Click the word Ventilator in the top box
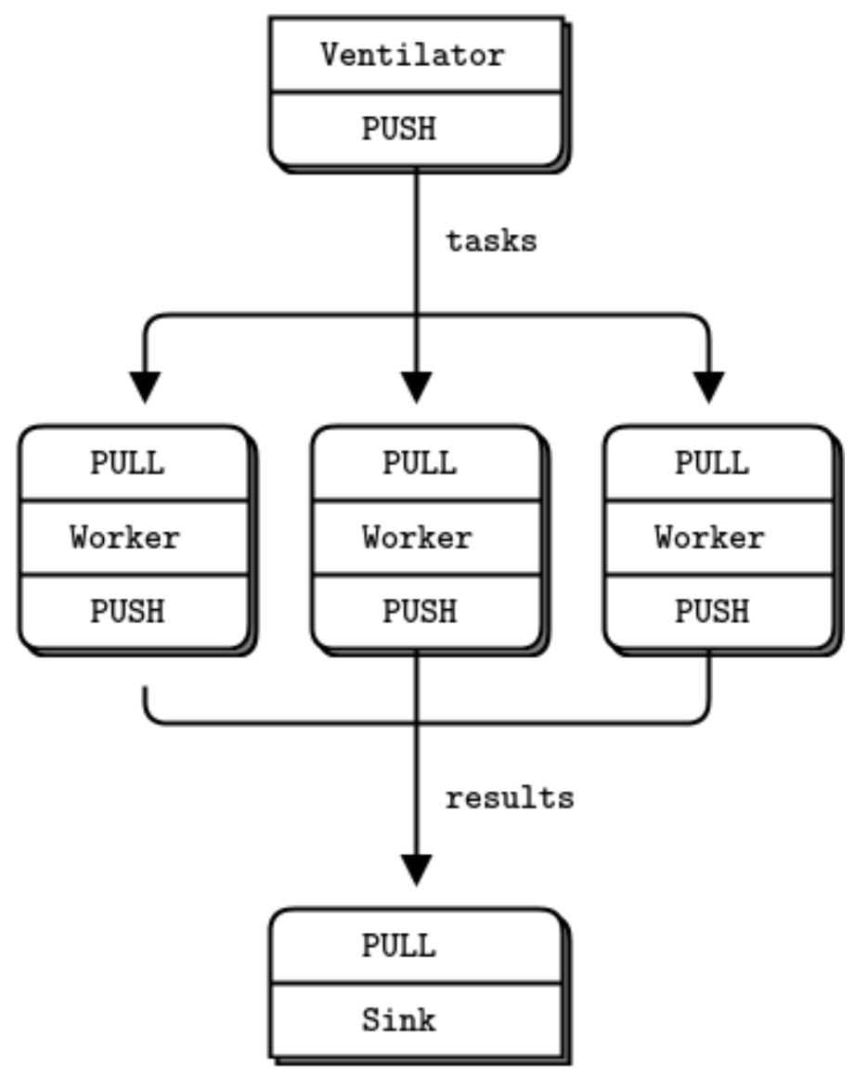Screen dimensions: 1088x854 coord(412,55)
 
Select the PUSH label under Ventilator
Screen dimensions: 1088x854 coord(398,128)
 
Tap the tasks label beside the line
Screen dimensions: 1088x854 coord(491,241)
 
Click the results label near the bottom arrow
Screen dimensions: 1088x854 coord(509,797)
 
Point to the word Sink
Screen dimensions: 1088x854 coord(398,1020)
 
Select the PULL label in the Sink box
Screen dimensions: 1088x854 coord(398,946)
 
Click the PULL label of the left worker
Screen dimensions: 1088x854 coord(127,462)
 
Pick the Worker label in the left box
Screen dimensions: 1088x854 coord(125,537)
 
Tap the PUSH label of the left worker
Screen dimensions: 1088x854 coord(127,611)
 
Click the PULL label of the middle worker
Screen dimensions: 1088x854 coord(420,462)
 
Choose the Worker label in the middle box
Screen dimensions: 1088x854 coord(418,537)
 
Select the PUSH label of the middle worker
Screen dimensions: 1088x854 coord(420,611)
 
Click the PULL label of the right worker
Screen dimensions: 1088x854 coord(712,462)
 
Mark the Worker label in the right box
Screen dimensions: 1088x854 coord(710,537)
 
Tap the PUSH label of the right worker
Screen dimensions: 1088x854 coord(712,611)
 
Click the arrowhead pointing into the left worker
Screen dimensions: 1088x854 coord(145,386)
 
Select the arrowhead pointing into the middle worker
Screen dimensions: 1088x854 coord(416,386)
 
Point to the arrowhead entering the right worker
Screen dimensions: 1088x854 coord(709,386)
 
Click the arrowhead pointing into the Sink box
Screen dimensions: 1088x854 coord(416,869)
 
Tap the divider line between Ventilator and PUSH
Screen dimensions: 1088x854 coord(417,92)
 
